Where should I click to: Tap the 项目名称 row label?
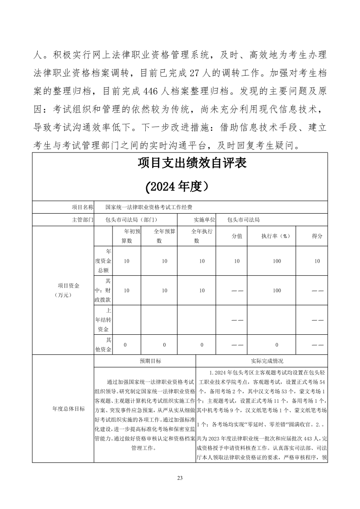[83, 207]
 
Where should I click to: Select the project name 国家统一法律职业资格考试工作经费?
[148, 207]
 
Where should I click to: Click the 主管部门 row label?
[83, 220]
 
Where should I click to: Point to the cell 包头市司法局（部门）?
[131, 220]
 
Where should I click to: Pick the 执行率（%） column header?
[275, 236]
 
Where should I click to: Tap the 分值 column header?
[237, 236]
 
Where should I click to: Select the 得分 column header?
[317, 236]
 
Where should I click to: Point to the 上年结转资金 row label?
[103, 320]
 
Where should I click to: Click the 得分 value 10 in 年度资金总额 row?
[317, 261]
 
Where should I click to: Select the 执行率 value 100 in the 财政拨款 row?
[277, 291]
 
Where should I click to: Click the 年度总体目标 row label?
[69, 409]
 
